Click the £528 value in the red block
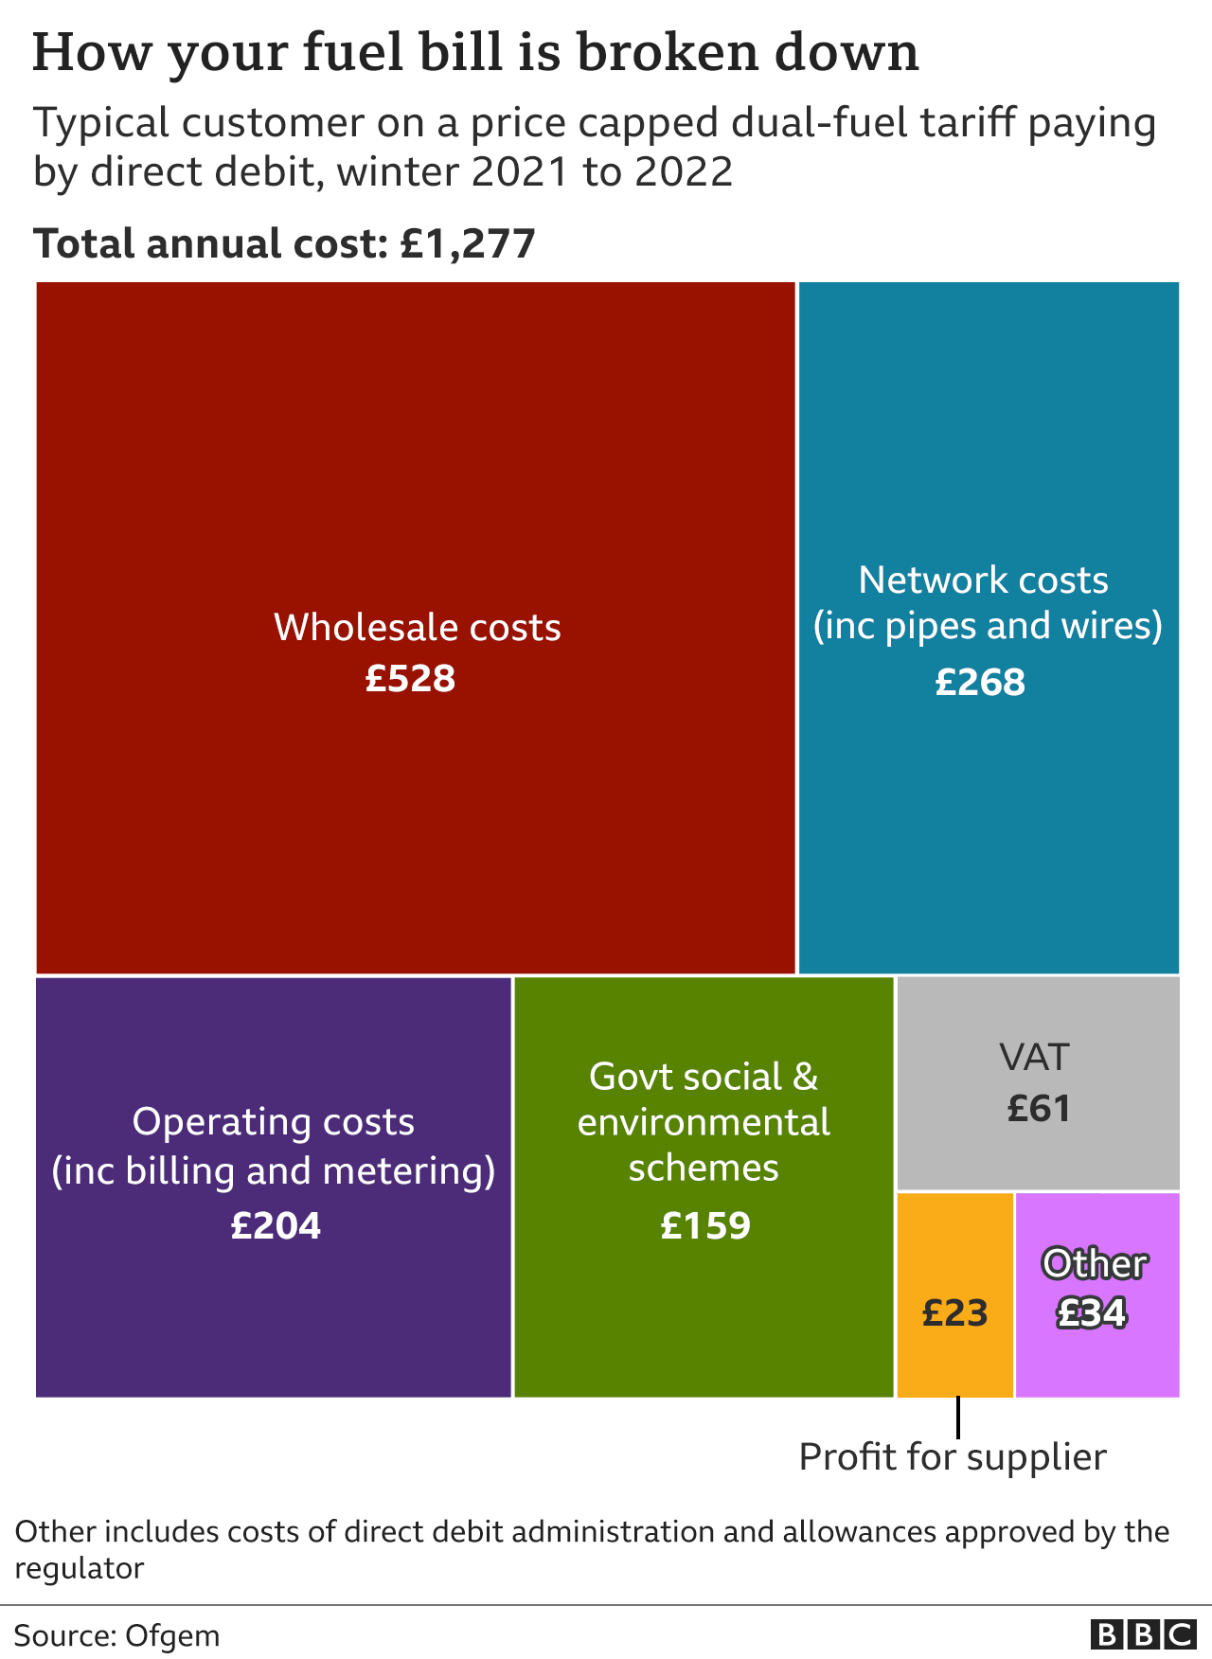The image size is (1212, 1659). (x=410, y=679)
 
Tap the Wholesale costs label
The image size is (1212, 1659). (x=417, y=628)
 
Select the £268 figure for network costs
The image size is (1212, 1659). (x=980, y=683)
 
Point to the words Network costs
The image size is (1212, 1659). (x=983, y=580)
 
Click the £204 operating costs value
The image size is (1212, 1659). (x=276, y=1226)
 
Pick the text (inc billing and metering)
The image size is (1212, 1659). (x=274, y=1171)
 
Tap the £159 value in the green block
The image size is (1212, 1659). (x=704, y=1226)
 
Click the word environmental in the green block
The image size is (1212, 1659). (x=704, y=1123)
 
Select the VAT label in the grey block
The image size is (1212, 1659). (x=1035, y=1057)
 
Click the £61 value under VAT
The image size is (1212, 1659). (x=1038, y=1109)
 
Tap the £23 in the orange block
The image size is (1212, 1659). (x=954, y=1313)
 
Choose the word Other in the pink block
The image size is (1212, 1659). (x=1095, y=1264)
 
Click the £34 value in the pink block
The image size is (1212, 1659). (x=1092, y=1313)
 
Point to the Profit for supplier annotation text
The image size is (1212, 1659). (x=953, y=1457)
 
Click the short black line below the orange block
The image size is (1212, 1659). (x=957, y=1418)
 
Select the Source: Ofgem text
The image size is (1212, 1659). (x=116, y=1636)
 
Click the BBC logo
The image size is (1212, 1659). (x=1143, y=1635)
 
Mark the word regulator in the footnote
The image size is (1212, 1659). (x=80, y=1569)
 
